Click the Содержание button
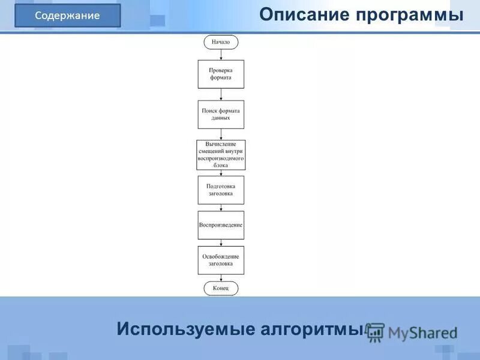pos(67,16)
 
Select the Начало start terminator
pos(221,42)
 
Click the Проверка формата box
pos(221,74)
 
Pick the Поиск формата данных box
pos(221,114)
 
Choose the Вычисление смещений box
pos(221,155)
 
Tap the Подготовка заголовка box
pos(221,190)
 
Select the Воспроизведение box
pos(221,225)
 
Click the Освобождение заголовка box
pos(221,260)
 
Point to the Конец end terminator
pos(221,289)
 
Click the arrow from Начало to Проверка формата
pos(221,54)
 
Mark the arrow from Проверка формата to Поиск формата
pos(221,94)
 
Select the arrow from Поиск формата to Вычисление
pos(221,134)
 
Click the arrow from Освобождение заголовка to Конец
pos(221,278)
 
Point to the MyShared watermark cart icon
pos(376,332)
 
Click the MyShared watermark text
pos(422,332)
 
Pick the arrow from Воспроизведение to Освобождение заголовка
pos(221,242)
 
